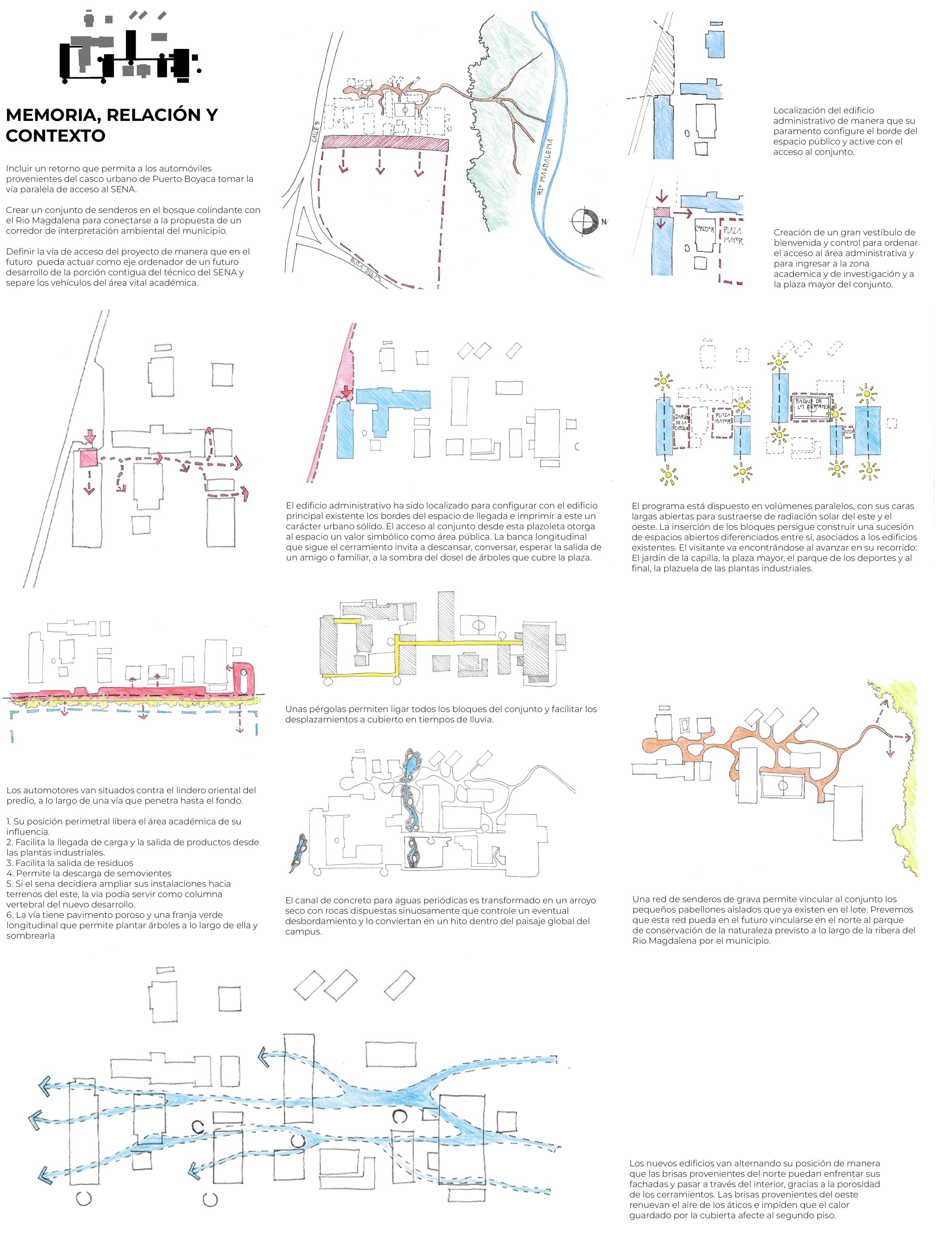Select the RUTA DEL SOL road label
click(x=368, y=270)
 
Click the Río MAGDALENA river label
click(x=544, y=167)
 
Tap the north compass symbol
click(x=583, y=221)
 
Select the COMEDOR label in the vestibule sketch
click(x=705, y=230)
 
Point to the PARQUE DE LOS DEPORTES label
click(x=811, y=404)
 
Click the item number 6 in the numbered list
click(x=9, y=915)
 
